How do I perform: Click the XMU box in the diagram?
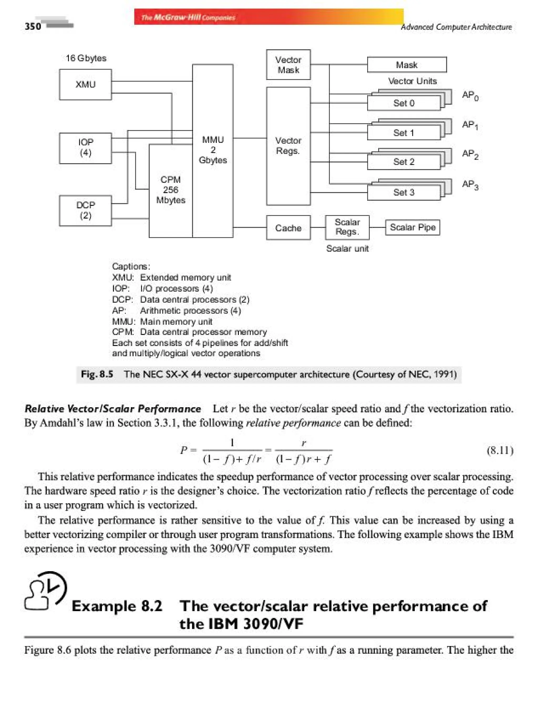85,84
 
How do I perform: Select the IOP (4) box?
85,148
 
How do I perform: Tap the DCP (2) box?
85,210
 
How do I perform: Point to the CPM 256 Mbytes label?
171,190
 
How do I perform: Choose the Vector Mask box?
288,65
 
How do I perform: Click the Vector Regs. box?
288,146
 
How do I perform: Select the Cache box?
288,228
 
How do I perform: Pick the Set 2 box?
403,162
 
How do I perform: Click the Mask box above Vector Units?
406,65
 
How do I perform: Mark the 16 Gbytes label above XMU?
86,58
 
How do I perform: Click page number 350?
33,26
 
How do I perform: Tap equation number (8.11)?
500,450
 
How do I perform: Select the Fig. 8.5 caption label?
97,374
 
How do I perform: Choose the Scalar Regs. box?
347,227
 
